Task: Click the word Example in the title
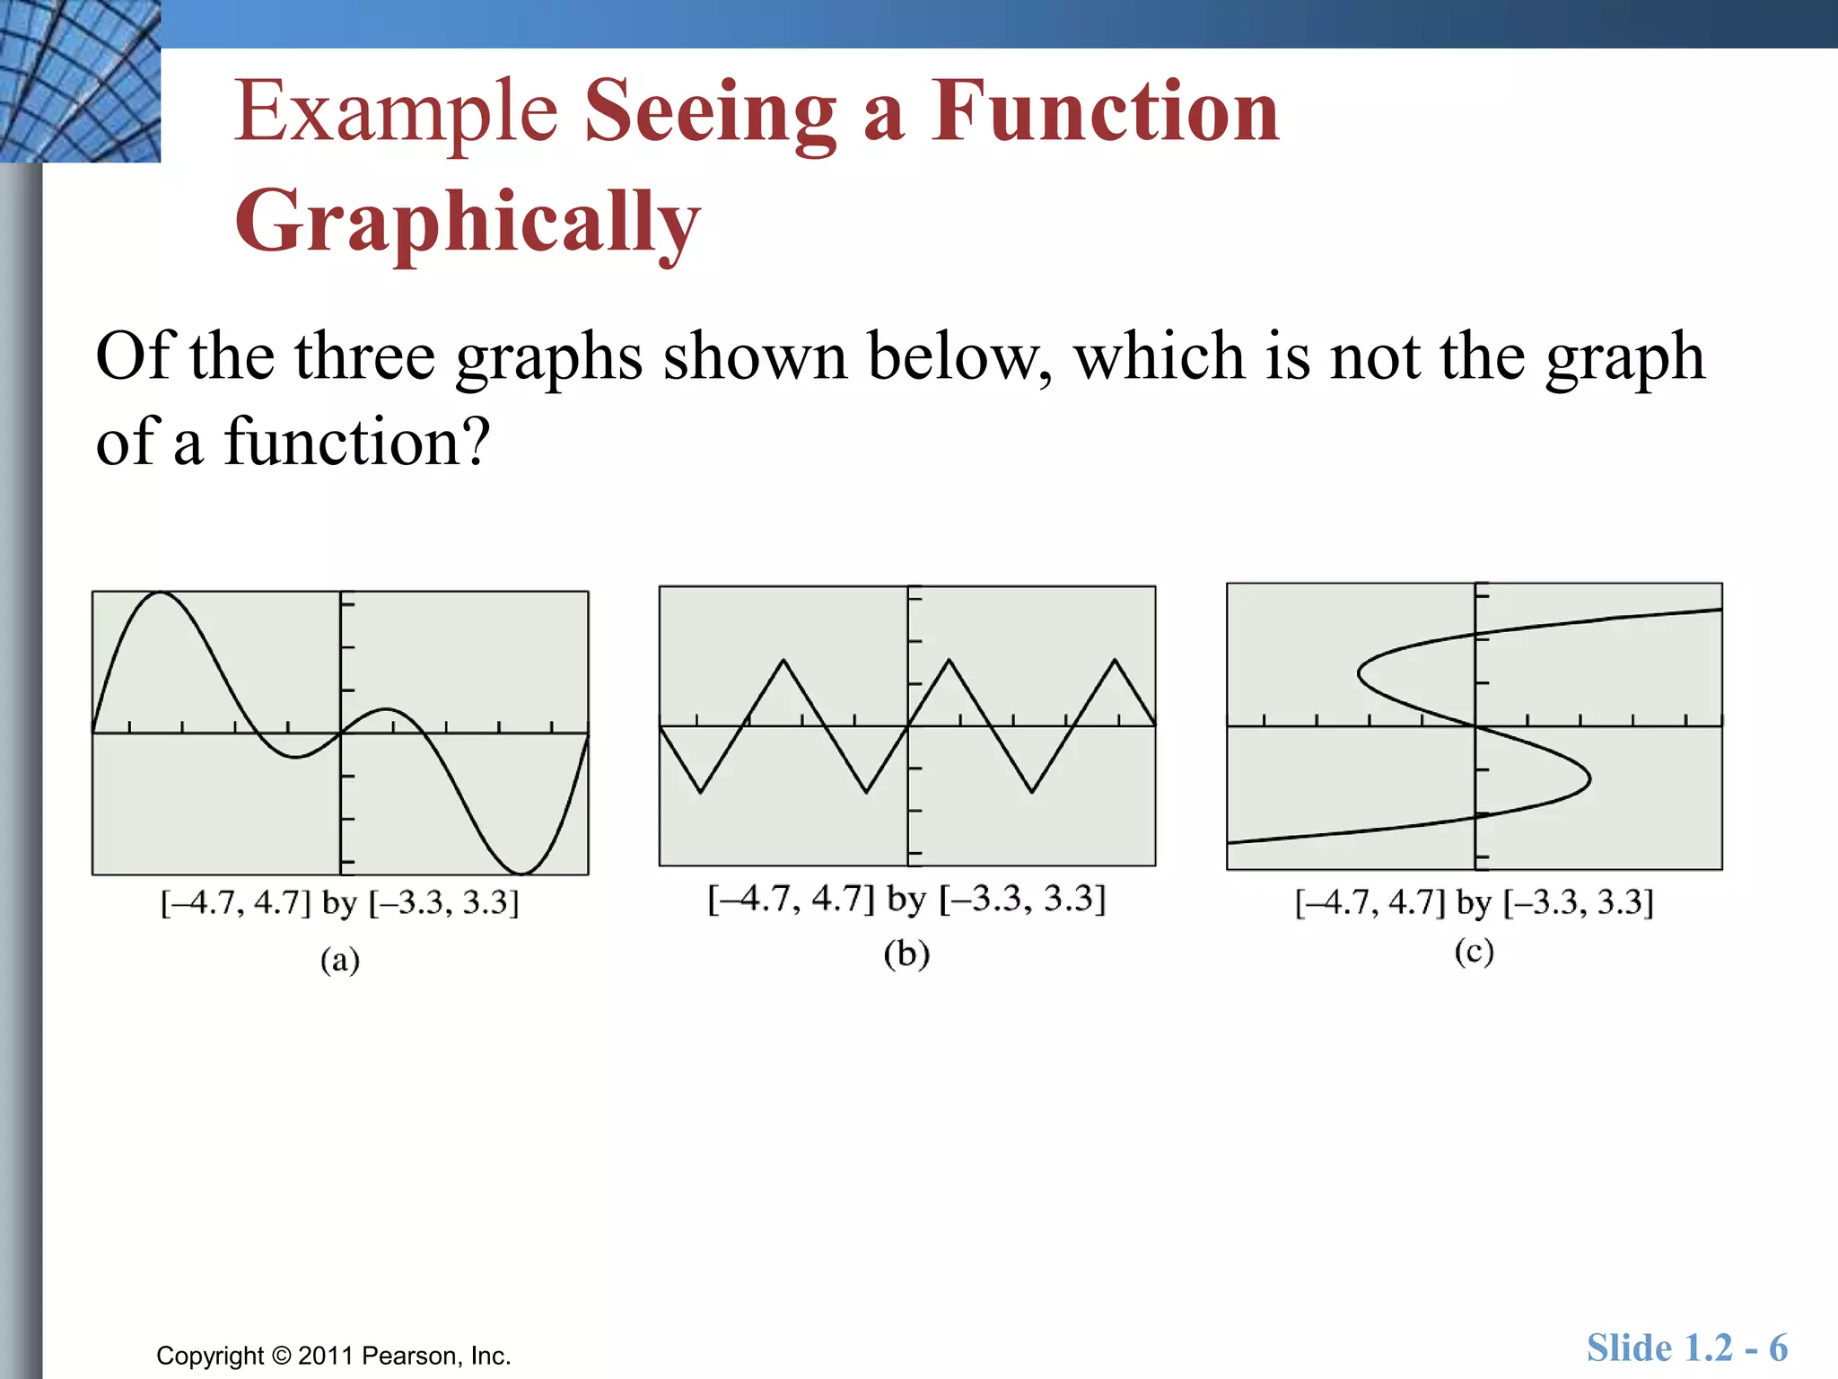(x=396, y=112)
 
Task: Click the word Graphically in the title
(x=467, y=222)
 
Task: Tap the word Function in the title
(x=1104, y=112)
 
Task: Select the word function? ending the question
(x=356, y=442)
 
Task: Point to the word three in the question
(x=364, y=356)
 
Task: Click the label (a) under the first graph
(x=340, y=960)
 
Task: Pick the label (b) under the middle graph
(x=906, y=953)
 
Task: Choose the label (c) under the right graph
(x=1474, y=951)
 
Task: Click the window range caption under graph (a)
(x=340, y=902)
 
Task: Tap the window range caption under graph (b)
(x=906, y=898)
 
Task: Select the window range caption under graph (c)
(x=1474, y=901)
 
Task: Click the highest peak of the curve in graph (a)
(x=160, y=593)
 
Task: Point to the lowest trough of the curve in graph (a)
(x=521, y=872)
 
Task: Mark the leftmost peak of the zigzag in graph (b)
(x=783, y=661)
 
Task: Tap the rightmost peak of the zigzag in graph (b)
(x=1115, y=661)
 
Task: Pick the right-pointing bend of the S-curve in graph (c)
(x=1589, y=778)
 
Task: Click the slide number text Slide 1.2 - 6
(x=1686, y=1348)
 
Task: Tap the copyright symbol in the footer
(x=282, y=1356)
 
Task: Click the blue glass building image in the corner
(x=80, y=81)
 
